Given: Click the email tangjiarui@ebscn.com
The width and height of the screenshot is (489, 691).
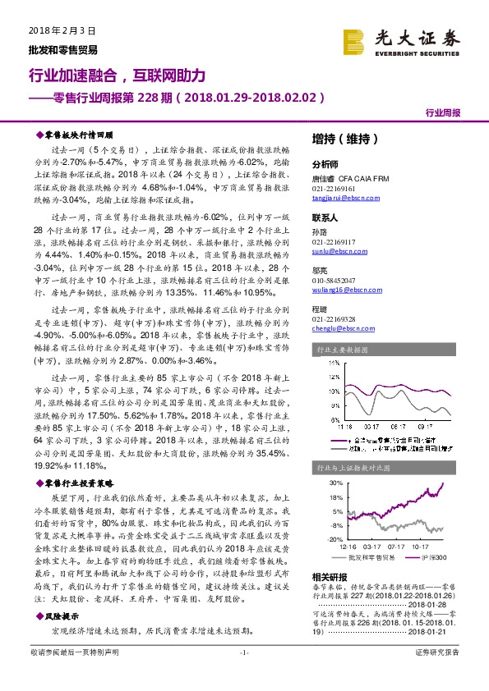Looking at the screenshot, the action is (x=346, y=197).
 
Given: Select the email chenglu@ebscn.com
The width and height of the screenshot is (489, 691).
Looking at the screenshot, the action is (x=339, y=328).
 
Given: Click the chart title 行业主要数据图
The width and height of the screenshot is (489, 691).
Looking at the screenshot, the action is (x=344, y=350).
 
